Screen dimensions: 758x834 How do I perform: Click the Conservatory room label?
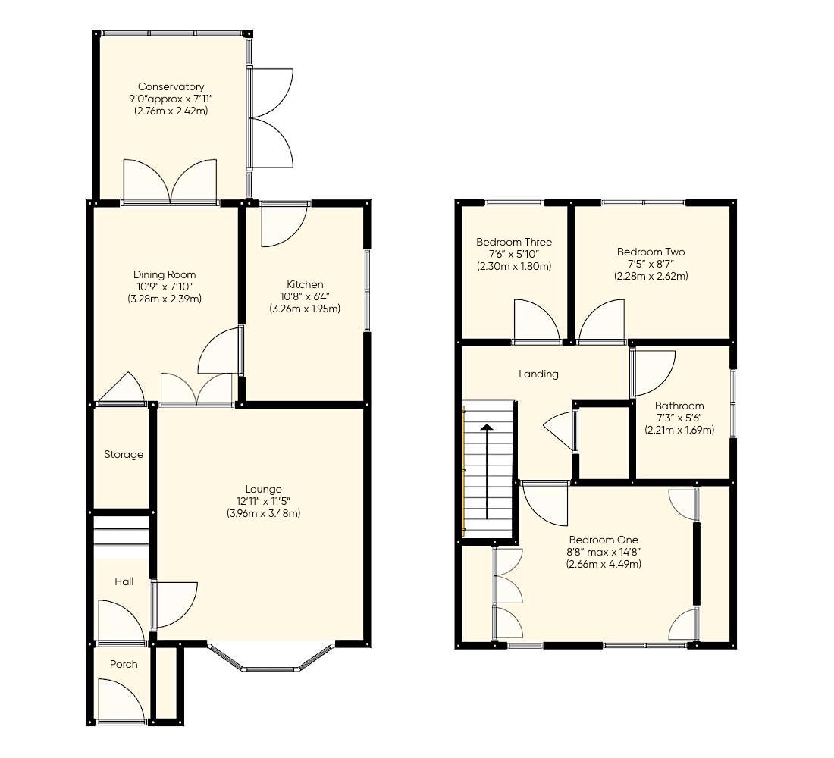pyautogui.click(x=171, y=87)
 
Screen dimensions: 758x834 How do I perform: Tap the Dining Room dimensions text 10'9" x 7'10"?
pyautogui.click(x=165, y=287)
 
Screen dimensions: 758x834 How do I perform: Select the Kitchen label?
pyautogui.click(x=305, y=284)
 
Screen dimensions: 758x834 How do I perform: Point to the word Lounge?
pyautogui.click(x=263, y=489)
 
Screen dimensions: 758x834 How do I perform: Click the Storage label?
pyautogui.click(x=124, y=455)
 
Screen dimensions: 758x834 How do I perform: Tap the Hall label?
pyautogui.click(x=124, y=581)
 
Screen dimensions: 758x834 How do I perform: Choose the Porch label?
pyautogui.click(x=124, y=664)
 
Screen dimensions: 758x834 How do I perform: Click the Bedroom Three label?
pyautogui.click(x=514, y=242)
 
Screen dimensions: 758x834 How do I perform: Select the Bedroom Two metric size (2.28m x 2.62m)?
pyautogui.click(x=651, y=276)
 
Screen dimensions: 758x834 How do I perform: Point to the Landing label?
pyautogui.click(x=538, y=374)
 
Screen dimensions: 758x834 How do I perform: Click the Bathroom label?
pyautogui.click(x=679, y=406)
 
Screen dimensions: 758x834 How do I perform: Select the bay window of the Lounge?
pyautogui.click(x=271, y=660)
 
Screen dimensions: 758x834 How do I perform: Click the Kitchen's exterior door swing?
pyautogui.click(x=282, y=226)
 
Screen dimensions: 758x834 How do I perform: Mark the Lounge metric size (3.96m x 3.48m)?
pyautogui.click(x=263, y=513)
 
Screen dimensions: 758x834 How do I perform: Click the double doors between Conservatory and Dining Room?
pyautogui.click(x=171, y=182)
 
